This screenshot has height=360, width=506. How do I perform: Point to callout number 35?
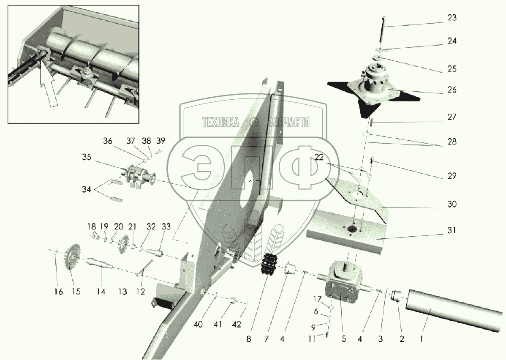(86, 158)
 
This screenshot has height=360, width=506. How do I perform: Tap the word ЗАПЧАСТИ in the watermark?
(288, 123)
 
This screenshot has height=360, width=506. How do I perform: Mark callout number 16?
(58, 292)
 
